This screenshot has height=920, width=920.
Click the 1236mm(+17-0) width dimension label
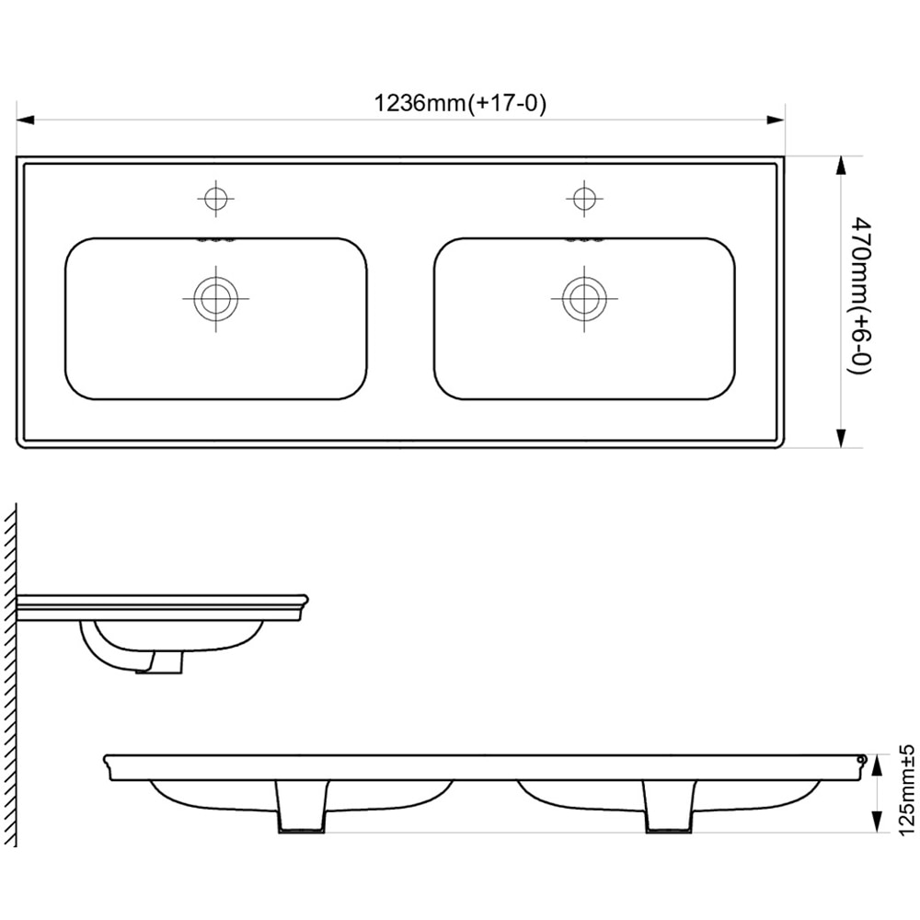pyautogui.click(x=460, y=103)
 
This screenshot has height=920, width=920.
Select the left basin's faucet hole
pyautogui.click(x=215, y=198)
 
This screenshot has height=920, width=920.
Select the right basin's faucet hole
pyautogui.click(x=583, y=198)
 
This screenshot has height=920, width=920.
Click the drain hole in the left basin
pyautogui.click(x=216, y=299)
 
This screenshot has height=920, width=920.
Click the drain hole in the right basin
pyautogui.click(x=584, y=299)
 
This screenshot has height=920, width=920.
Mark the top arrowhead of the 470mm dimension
pyautogui.click(x=840, y=165)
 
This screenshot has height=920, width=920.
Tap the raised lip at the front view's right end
pyautogui.click(x=860, y=760)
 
